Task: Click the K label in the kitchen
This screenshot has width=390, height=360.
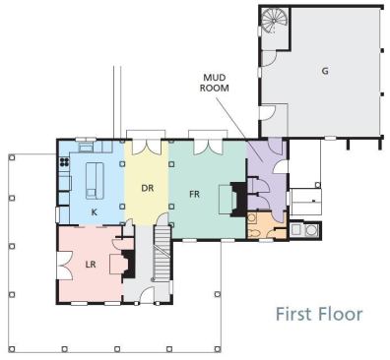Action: point(95,212)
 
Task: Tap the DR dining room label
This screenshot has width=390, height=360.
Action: point(148,188)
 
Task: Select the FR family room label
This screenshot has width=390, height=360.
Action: point(194,194)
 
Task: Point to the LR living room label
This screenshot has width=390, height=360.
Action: point(91,265)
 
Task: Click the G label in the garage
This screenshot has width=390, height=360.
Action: point(325,71)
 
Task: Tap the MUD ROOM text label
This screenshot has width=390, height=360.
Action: point(215,83)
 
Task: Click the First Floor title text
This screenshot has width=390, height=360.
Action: point(319,314)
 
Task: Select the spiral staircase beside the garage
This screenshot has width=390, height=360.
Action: point(275,21)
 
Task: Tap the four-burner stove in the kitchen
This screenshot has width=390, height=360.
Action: point(64,161)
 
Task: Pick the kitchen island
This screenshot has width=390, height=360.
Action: point(95,181)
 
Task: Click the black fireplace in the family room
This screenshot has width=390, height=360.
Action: point(239,199)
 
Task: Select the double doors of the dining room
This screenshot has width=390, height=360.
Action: point(146,147)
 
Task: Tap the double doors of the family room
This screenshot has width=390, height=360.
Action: point(208,147)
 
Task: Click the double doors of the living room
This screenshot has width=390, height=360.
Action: point(65,266)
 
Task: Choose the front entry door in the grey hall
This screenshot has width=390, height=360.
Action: point(147,294)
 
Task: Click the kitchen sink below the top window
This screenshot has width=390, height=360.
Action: point(86,148)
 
